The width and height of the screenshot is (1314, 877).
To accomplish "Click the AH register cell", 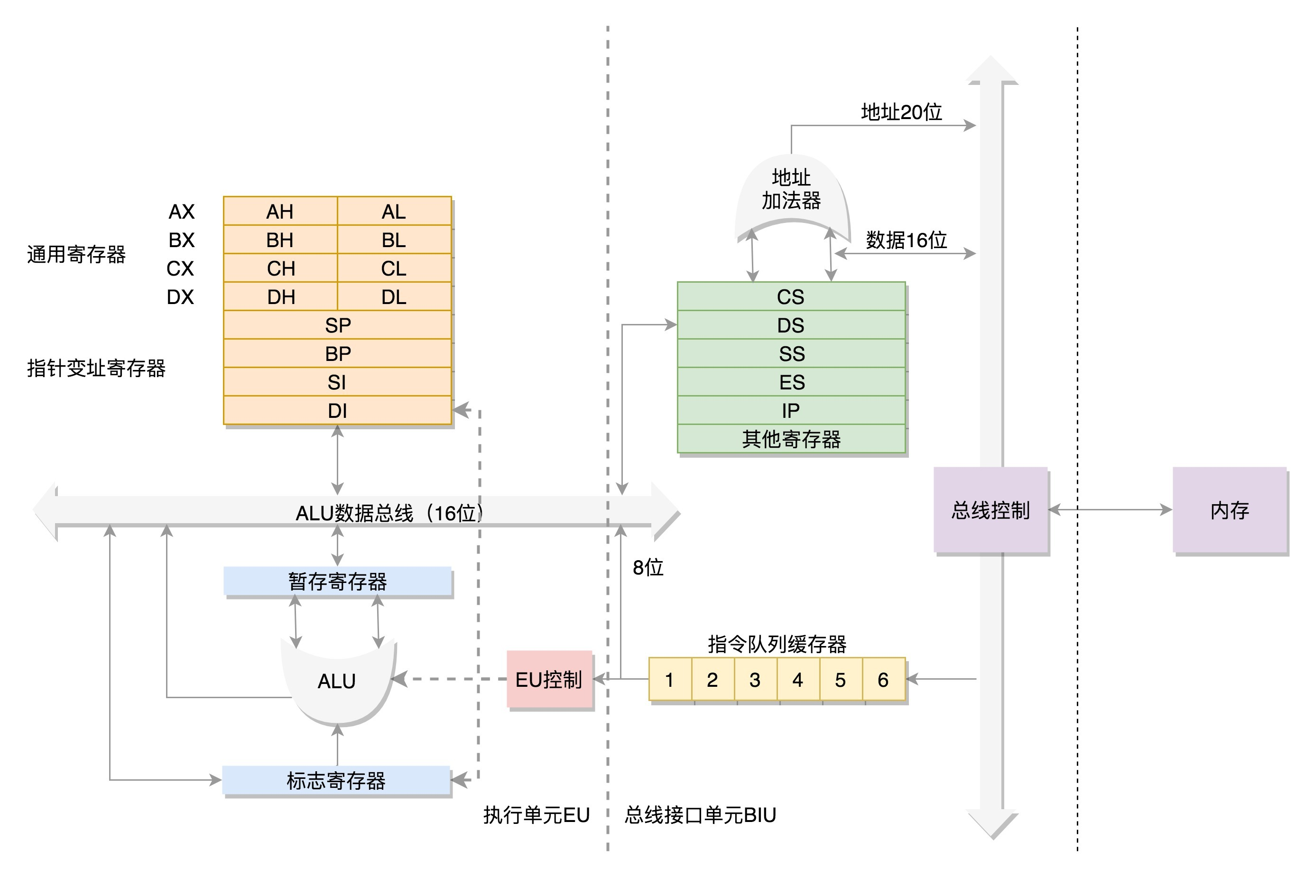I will (280, 212).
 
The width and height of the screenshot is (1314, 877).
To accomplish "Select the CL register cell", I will (394, 268).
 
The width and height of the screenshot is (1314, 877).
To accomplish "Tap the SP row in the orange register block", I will (337, 325).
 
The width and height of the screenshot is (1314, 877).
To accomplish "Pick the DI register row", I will (337, 411).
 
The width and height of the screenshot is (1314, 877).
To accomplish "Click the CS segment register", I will (790, 296).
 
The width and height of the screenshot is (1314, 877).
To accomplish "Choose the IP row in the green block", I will (790, 411).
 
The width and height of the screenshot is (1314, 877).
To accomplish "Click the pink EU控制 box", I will (549, 680).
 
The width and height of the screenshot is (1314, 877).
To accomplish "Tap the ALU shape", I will (337, 681).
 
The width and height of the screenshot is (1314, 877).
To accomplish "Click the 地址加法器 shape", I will (791, 190).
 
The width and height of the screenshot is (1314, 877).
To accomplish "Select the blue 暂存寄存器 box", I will (337, 581).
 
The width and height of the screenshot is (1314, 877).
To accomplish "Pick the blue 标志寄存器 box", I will (336, 780).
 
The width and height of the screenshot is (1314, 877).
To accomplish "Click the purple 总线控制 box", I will (990, 510).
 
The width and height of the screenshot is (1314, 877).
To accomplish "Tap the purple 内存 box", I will (1230, 510).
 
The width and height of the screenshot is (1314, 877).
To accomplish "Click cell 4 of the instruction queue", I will (798, 680).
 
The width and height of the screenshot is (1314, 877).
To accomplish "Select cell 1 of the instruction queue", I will (670, 680).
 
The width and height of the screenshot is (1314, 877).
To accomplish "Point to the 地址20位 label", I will (901, 112).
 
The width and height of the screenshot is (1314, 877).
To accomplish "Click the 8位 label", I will (648, 568).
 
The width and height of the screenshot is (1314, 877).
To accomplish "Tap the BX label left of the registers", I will (181, 240).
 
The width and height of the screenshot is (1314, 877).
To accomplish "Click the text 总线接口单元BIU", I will (700, 815).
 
